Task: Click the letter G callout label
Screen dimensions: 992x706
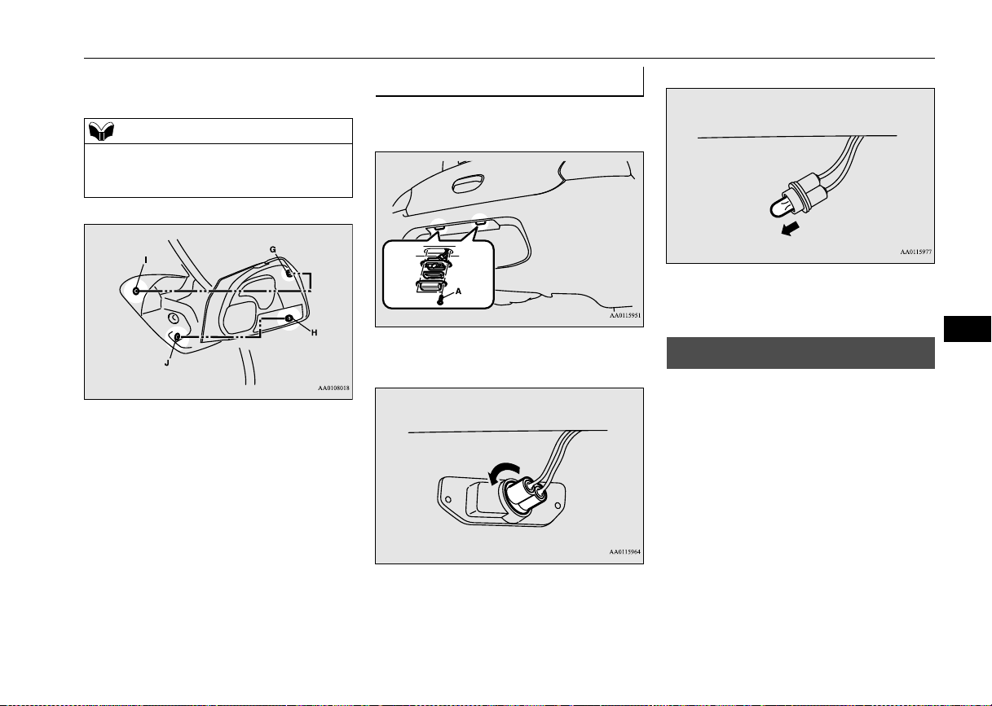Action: pyautogui.click(x=273, y=249)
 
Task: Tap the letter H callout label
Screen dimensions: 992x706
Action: pyautogui.click(x=314, y=333)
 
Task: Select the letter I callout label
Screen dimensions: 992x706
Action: pyautogui.click(x=146, y=260)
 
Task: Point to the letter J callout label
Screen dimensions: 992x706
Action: pyautogui.click(x=167, y=363)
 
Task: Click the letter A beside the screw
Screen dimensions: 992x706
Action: pyautogui.click(x=458, y=291)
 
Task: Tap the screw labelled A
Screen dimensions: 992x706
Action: pyautogui.click(x=440, y=300)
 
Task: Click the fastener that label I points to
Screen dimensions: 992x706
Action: pyautogui.click(x=136, y=291)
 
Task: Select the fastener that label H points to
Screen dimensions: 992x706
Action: pyautogui.click(x=289, y=318)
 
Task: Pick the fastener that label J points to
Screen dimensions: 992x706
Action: pyautogui.click(x=178, y=337)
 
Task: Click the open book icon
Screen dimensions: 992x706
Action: pyautogui.click(x=101, y=131)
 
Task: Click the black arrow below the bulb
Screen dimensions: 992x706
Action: pyautogui.click(x=790, y=229)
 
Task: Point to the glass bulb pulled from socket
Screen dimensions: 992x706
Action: pyautogui.click(x=779, y=207)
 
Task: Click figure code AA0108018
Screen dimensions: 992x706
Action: pyautogui.click(x=333, y=388)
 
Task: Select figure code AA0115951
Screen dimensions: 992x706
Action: pyautogui.click(x=625, y=315)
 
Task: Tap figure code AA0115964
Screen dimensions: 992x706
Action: pyautogui.click(x=625, y=551)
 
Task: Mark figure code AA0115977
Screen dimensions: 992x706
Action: pyautogui.click(x=916, y=252)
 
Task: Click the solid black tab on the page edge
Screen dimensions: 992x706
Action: pyautogui.click(x=968, y=329)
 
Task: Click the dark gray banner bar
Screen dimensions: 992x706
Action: pyautogui.click(x=800, y=353)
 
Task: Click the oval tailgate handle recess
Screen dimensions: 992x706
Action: pyautogui.click(x=468, y=183)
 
